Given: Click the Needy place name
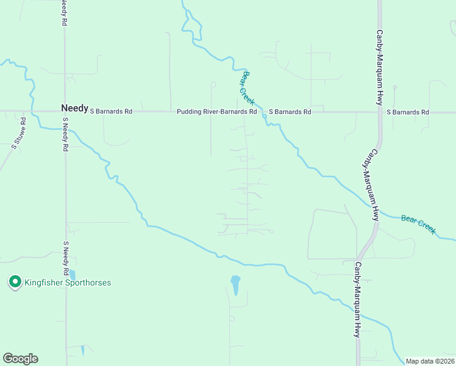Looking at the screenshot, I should tap(74, 107).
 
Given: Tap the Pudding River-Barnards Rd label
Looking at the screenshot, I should tap(216, 112).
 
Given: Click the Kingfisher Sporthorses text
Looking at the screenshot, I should tap(67, 283).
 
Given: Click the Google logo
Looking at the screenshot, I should tap(20, 359).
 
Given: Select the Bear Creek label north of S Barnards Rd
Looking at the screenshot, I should tap(248, 87).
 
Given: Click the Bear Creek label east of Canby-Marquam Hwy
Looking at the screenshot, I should tap(418, 224).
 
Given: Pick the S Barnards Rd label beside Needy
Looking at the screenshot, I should tap(111, 112).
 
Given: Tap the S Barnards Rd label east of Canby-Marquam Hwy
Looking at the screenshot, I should tap(408, 112).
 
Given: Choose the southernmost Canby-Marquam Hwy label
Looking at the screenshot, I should tap(358, 300).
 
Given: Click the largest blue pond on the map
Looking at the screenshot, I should tap(235, 284).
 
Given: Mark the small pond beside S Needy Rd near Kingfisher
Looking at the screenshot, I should tap(73, 275).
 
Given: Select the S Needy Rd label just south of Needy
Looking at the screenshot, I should tap(65, 135).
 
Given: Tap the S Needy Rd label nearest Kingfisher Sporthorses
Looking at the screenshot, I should tap(65, 257).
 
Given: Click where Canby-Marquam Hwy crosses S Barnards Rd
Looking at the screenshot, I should tap(379, 112).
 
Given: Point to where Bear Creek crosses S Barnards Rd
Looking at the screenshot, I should tap(263, 112).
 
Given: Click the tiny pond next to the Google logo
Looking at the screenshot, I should tap(82, 351).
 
